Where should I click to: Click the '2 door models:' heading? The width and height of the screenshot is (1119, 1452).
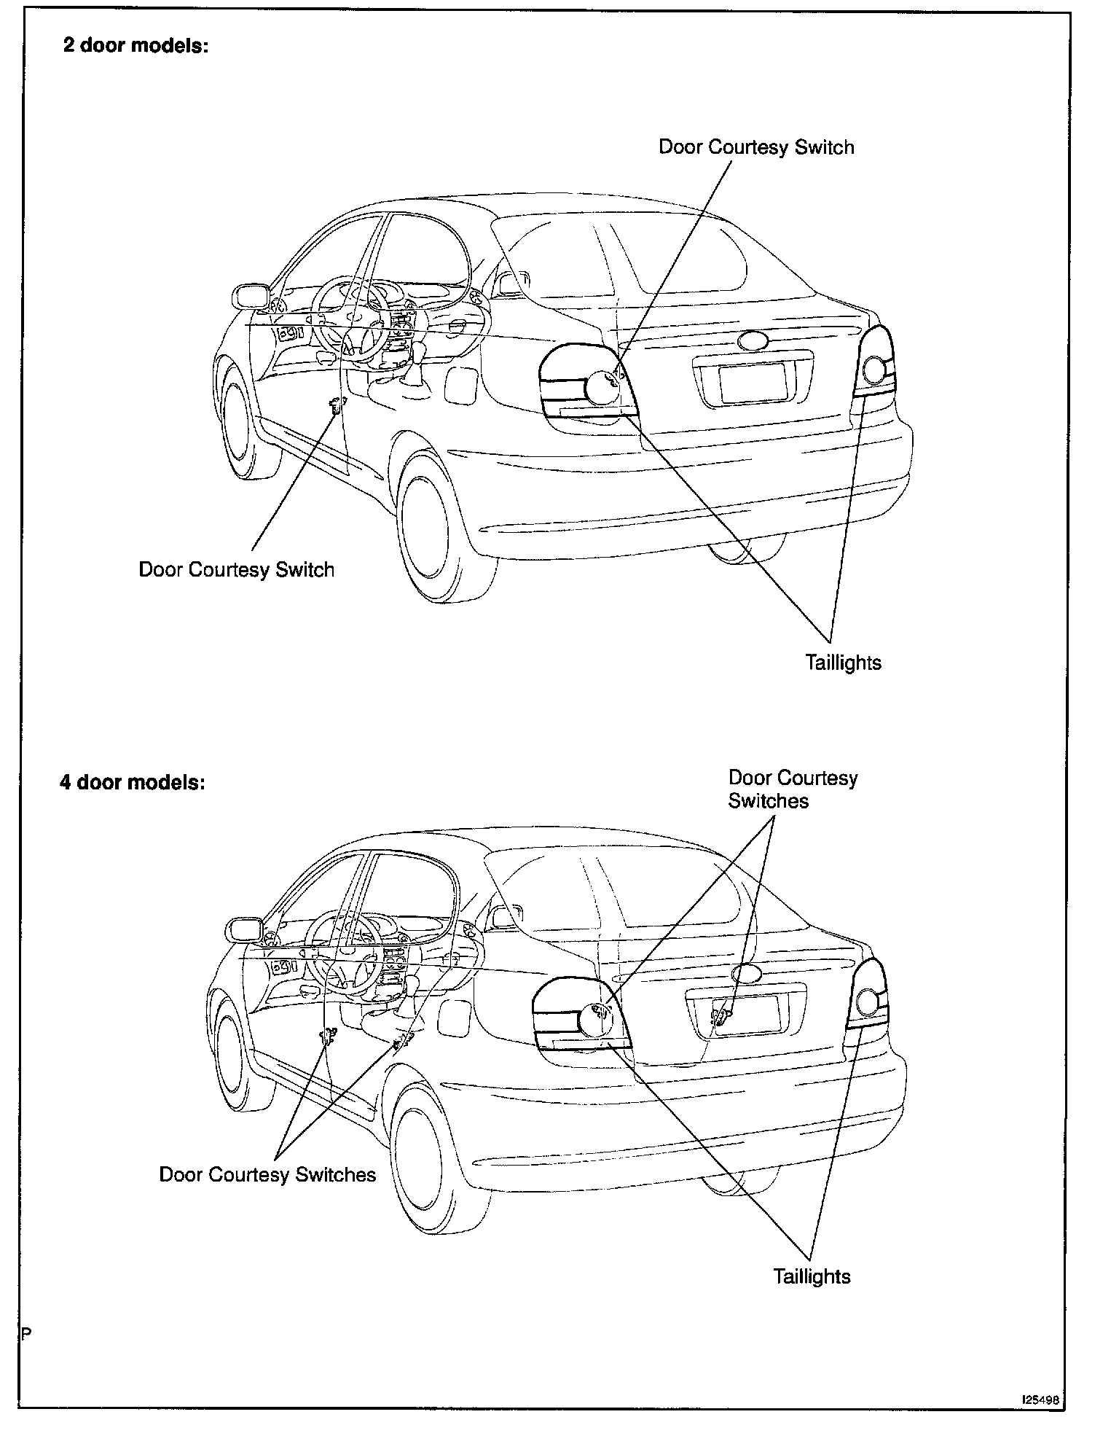[x=136, y=45]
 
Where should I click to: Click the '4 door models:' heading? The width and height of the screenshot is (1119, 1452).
[x=133, y=782]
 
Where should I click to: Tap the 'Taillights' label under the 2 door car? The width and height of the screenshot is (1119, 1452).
[x=843, y=663]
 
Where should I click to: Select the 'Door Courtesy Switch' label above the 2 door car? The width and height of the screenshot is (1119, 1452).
[x=755, y=147]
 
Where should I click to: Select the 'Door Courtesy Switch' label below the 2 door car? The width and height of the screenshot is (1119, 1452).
[x=236, y=569]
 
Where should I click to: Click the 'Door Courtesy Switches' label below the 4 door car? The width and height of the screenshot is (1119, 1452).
[x=267, y=1174]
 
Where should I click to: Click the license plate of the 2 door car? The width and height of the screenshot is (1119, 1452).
[x=752, y=382]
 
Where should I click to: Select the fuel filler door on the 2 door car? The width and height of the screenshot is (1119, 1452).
[x=461, y=386]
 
